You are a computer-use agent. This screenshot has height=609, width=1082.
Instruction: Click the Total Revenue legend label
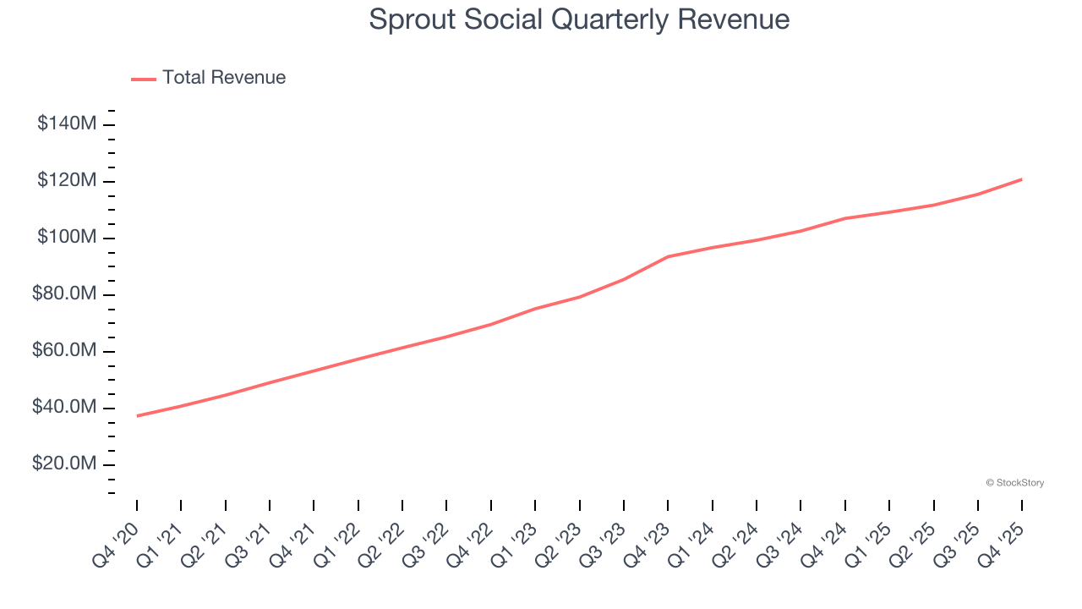point(224,78)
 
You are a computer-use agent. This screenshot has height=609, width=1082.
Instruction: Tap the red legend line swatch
point(144,79)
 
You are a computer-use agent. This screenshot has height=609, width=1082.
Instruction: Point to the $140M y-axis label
point(67,124)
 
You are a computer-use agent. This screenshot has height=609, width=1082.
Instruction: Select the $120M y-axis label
point(67,181)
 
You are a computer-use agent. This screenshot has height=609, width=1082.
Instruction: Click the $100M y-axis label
point(67,238)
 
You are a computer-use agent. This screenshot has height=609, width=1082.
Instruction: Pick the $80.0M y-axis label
point(64,294)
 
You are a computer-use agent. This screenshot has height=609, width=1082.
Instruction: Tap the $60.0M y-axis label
point(64,351)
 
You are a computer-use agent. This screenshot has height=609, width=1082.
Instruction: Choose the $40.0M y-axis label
point(64,408)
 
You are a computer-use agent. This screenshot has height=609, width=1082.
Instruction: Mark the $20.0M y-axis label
point(64,464)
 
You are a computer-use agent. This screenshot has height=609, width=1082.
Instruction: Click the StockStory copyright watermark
point(1014,483)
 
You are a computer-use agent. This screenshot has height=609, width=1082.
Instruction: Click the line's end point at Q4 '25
point(1022,179)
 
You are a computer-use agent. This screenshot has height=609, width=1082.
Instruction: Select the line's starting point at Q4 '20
point(137,415)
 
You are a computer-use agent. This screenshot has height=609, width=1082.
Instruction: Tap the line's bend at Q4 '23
point(668,256)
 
